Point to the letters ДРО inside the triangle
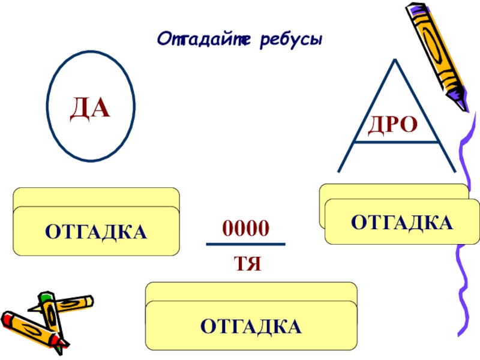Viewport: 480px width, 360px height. tap(392, 125)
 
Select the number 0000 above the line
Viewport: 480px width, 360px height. tap(245, 228)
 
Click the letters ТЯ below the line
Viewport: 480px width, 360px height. tap(247, 262)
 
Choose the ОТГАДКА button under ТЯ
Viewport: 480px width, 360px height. tap(251, 326)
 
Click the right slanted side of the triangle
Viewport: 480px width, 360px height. tap(423, 114)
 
